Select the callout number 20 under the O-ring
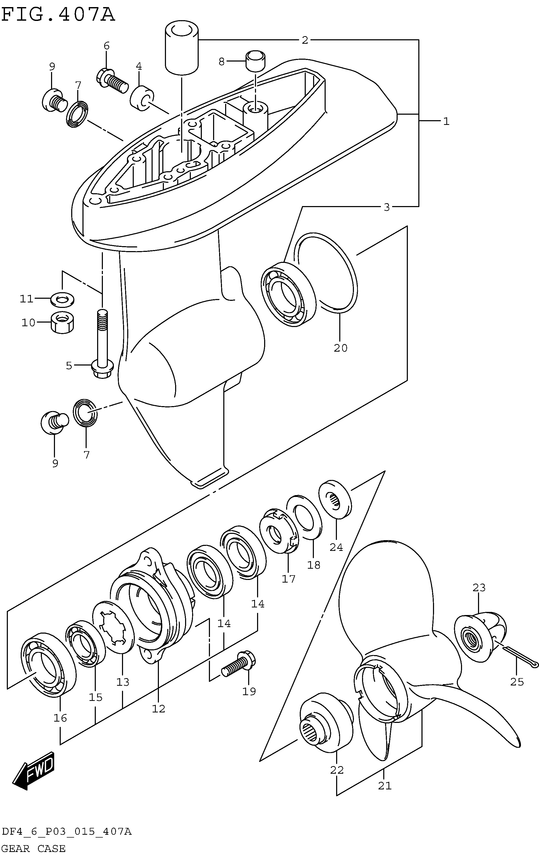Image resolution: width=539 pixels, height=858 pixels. [x=340, y=348]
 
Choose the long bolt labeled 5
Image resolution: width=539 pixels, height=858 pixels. [x=102, y=344]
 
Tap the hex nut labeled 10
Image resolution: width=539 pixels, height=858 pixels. [x=63, y=323]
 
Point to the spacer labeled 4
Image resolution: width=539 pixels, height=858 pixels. [x=142, y=98]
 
